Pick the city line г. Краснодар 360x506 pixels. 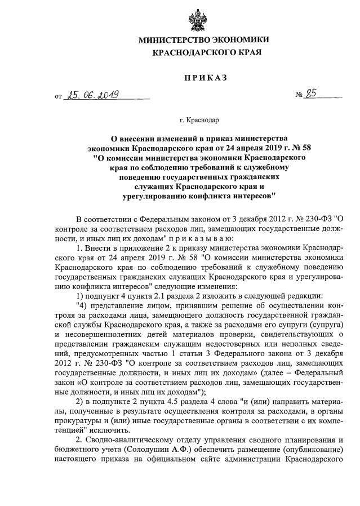(200, 119)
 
